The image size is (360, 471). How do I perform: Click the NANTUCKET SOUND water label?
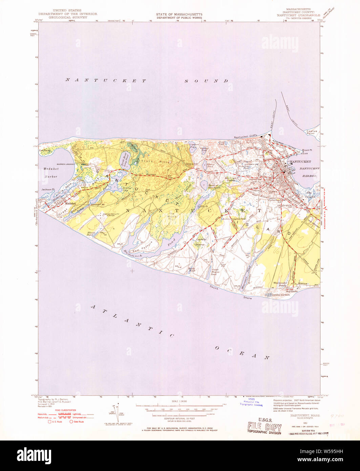point(147,81)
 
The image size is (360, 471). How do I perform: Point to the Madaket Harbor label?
point(50,172)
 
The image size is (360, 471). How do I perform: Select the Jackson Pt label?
point(48,189)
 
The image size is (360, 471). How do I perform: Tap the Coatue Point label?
point(312,132)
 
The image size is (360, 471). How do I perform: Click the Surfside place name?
point(292,291)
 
